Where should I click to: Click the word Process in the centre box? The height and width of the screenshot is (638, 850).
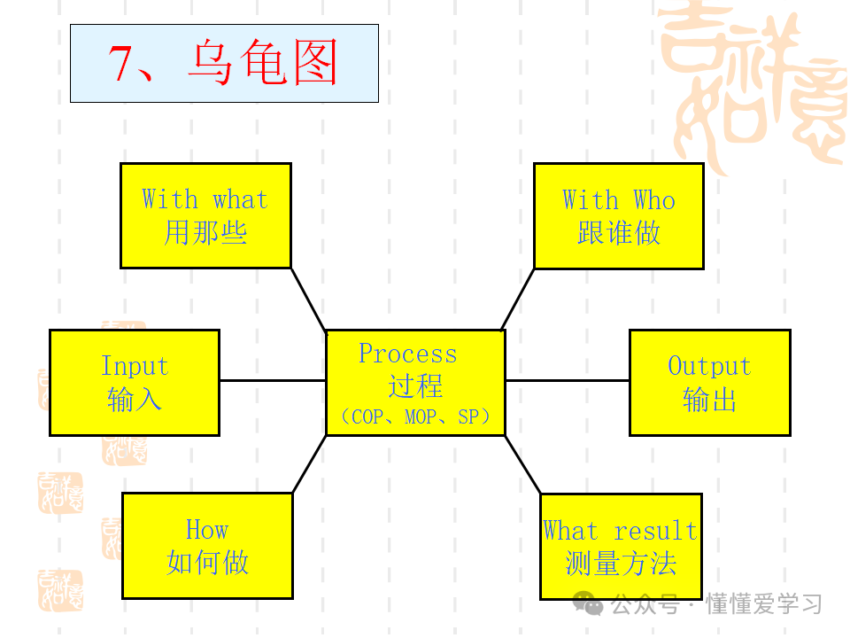tap(407, 354)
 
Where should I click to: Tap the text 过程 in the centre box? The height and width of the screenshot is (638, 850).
tap(415, 386)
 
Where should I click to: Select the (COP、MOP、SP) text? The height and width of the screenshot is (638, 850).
tap(414, 416)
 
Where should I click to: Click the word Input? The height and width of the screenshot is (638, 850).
tap(134, 366)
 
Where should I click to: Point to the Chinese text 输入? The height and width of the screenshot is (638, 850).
tap(134, 400)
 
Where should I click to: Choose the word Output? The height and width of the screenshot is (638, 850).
tap(708, 366)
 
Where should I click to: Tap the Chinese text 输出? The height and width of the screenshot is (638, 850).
tap(709, 400)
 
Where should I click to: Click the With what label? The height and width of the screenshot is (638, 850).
tap(205, 199)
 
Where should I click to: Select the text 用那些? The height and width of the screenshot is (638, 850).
tap(205, 233)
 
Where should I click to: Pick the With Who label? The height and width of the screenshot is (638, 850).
tap(618, 199)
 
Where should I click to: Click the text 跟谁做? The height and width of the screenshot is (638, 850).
tap(618, 233)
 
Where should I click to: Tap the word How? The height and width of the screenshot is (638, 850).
tap(206, 530)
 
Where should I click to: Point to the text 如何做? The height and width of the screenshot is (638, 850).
tap(207, 563)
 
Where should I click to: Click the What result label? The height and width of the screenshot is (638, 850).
tap(620, 531)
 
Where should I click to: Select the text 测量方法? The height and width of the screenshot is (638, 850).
tap(620, 564)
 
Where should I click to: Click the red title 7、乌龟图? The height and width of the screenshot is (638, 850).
tap(223, 64)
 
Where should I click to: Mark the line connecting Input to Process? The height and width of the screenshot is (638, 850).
tap(273, 380)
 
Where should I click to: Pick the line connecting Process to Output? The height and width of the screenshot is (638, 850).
tap(567, 380)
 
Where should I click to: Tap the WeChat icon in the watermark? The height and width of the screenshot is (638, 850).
tap(588, 604)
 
